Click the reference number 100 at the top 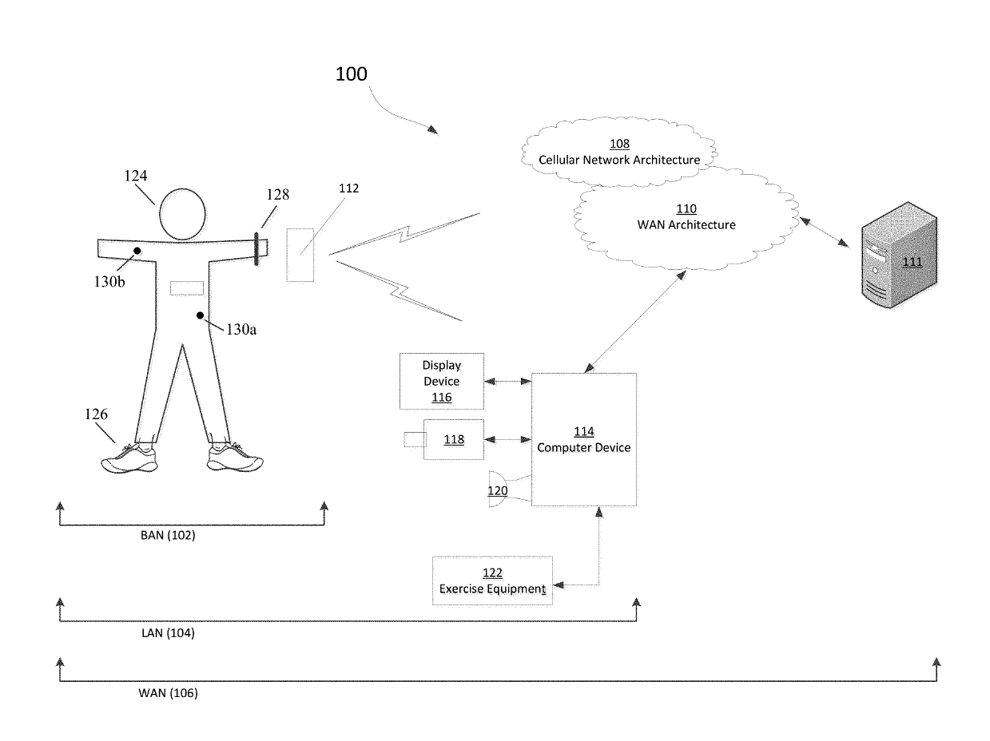point(351,74)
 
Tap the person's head point(182,214)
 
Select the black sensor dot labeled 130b point(137,251)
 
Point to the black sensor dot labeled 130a point(200,315)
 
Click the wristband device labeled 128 point(256,249)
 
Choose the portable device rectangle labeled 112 point(300,255)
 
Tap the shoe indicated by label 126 point(130,458)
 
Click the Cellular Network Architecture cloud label point(618,160)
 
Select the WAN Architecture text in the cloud point(686,224)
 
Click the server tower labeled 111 point(899,255)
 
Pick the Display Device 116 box point(442,382)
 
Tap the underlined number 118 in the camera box point(454,439)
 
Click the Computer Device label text point(583,448)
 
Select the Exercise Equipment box point(492,581)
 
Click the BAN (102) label point(168,536)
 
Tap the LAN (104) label point(168,633)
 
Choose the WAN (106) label point(168,693)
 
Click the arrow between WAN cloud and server point(825,232)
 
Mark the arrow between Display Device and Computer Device point(508,382)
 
